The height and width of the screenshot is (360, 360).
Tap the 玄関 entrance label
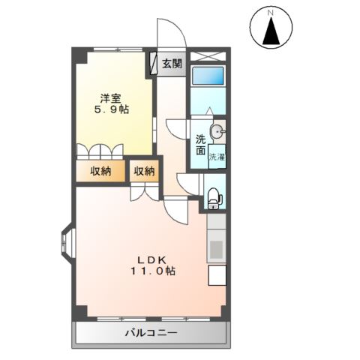click(172, 64)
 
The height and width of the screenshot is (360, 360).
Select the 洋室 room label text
click(112, 97)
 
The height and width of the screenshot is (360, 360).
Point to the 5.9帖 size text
click(112, 109)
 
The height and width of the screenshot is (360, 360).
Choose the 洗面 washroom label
click(201, 145)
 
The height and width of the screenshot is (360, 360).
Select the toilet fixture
click(214, 197)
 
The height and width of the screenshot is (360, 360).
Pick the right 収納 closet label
click(145, 172)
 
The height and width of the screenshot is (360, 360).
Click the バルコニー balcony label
click(149, 332)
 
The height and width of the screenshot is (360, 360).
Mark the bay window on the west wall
click(65, 243)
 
